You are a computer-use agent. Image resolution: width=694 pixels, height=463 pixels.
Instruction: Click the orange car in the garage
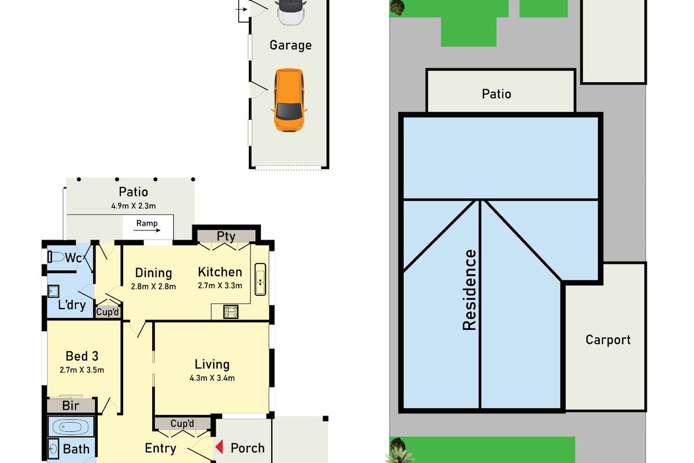pos(289,100)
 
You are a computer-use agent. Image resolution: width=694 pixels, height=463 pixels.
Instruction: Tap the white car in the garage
pos(290,12)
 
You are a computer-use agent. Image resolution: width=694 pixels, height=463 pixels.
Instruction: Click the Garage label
pos(290,45)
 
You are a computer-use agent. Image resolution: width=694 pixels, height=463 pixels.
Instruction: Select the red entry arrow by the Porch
pos(219,447)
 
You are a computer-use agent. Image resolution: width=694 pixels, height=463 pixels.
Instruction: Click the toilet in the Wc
pos(57,258)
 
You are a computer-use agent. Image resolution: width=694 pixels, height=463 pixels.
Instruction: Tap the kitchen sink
pos(261,279)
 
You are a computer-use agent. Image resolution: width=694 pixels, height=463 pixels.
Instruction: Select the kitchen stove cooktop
pos(232,312)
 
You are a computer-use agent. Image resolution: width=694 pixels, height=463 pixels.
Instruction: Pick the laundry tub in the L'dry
pos(54,291)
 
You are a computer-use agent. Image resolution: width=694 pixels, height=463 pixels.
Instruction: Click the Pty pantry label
pos(226,236)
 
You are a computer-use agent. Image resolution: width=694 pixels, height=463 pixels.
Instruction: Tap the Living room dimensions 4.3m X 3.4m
pos(212,379)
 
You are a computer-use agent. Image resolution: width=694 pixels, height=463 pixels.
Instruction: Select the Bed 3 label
pos(77,356)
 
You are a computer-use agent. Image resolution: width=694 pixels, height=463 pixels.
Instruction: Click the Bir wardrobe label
pos(71,406)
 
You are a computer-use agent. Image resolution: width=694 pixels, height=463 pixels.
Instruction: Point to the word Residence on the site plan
pos(469,289)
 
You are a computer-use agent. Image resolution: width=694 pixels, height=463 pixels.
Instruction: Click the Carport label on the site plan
pos(608,340)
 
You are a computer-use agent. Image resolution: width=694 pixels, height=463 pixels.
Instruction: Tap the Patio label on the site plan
pos(497,94)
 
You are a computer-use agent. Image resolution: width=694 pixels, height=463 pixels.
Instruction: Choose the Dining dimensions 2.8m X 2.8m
pos(153,286)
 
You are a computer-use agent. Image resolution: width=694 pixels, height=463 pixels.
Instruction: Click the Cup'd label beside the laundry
pos(108,313)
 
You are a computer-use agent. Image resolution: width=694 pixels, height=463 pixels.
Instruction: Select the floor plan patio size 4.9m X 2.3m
pos(133,205)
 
